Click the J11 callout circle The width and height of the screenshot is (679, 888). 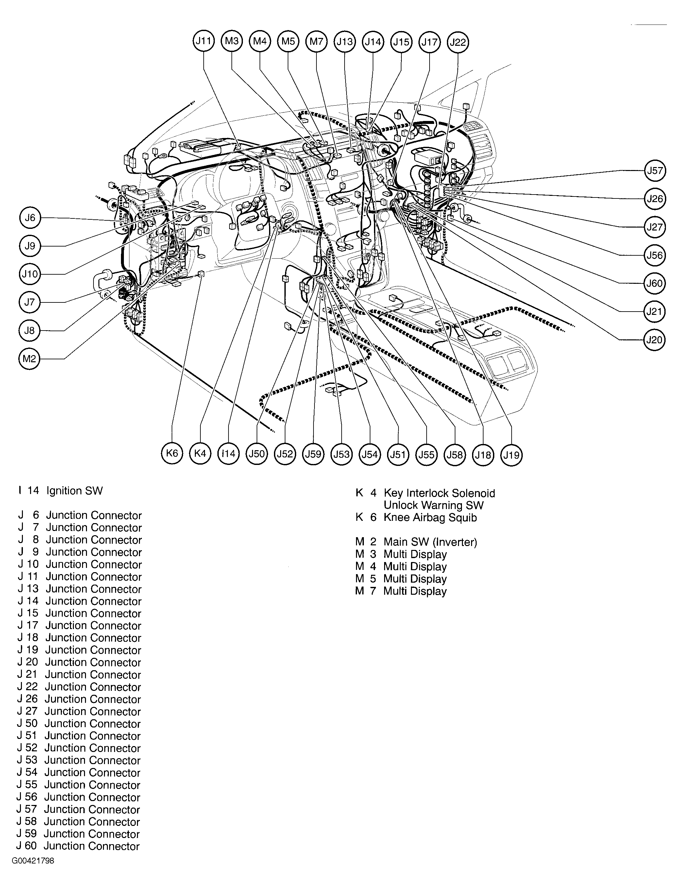(203, 41)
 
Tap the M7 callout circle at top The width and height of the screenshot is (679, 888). (316, 41)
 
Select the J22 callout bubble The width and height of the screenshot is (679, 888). (458, 42)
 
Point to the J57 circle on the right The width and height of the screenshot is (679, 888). (655, 171)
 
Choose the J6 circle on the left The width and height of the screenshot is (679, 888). (30, 218)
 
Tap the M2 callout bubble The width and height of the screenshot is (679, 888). (29, 359)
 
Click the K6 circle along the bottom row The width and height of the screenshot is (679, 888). (172, 453)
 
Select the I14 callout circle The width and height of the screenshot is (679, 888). (229, 453)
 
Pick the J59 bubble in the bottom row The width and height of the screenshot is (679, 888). (313, 454)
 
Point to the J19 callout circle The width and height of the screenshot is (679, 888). (511, 455)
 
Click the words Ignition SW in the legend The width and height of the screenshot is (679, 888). (75, 491)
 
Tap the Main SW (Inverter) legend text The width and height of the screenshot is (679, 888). (430, 542)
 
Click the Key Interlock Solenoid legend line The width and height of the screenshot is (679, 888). (439, 493)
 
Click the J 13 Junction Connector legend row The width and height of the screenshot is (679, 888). (80, 589)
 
